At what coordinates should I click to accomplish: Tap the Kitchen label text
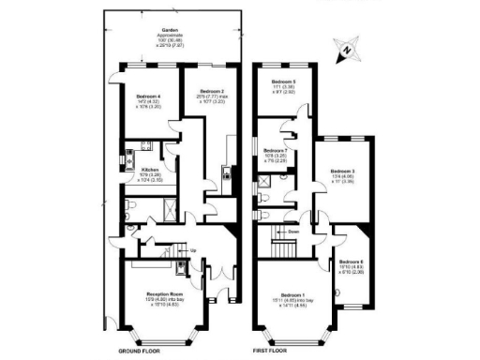[x=152, y=171]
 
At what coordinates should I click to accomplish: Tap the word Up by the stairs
[x=193, y=251]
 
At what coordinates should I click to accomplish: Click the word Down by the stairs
[x=294, y=231]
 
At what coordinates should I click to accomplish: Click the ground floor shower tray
[x=162, y=203]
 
